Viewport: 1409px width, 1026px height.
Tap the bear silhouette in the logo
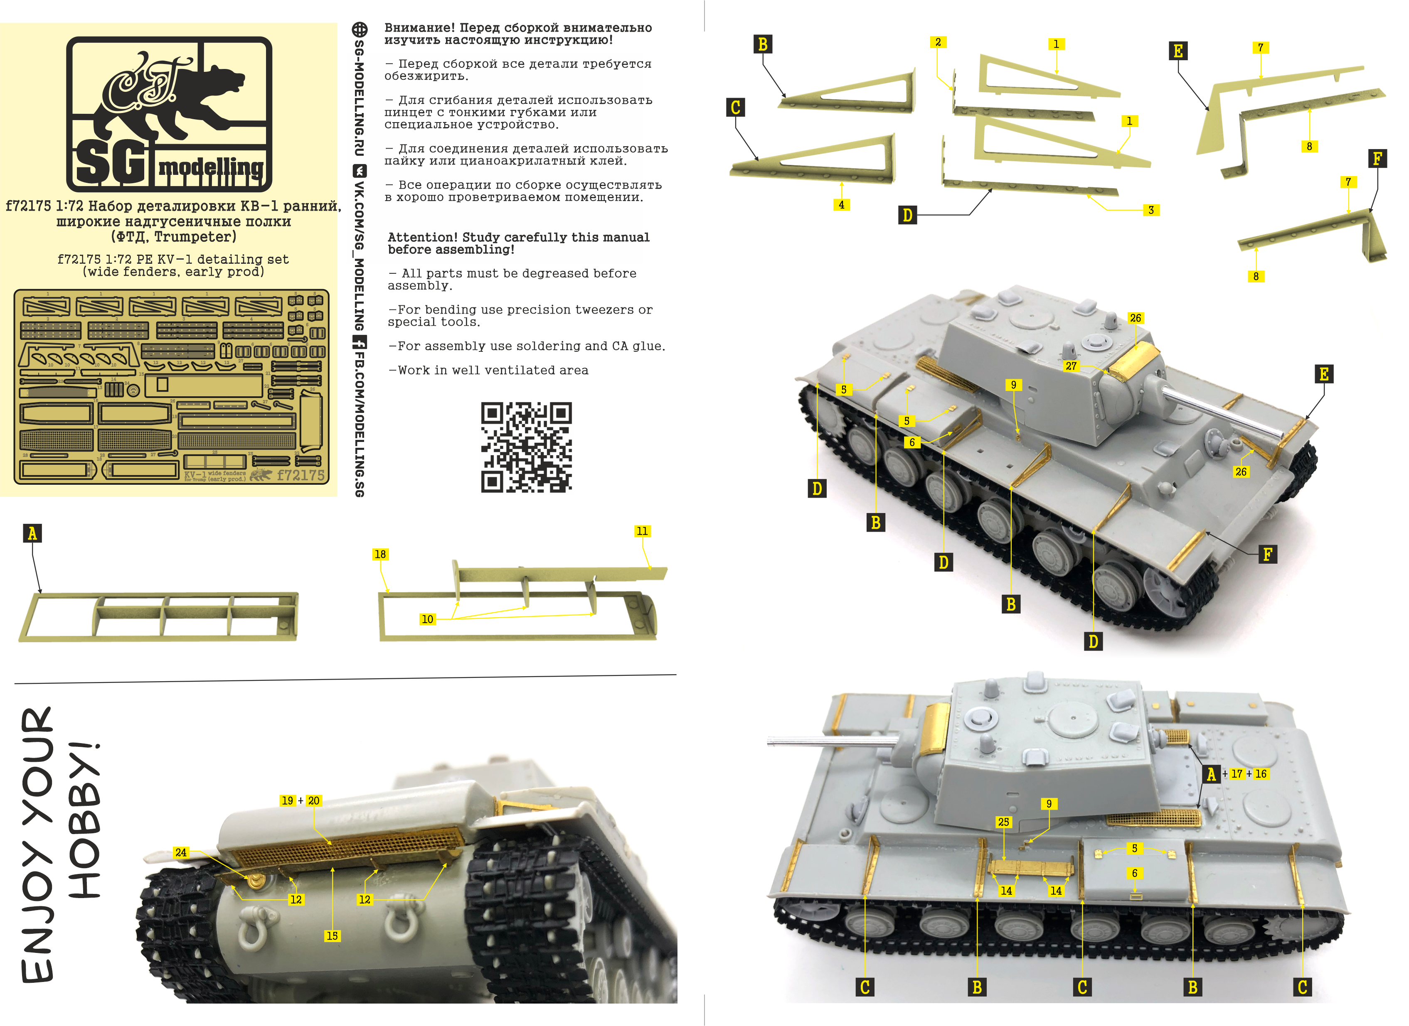click(186, 99)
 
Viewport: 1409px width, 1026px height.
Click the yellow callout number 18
click(380, 554)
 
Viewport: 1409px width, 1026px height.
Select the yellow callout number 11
click(643, 531)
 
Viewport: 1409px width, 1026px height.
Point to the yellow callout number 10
click(427, 619)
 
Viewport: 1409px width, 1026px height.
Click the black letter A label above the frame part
click(32, 533)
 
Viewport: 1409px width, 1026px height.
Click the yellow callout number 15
click(333, 936)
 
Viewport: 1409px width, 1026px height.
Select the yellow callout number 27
click(1071, 366)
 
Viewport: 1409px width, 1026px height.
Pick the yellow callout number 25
click(1003, 822)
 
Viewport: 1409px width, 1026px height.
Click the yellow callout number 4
click(841, 205)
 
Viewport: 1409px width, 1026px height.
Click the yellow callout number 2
click(938, 42)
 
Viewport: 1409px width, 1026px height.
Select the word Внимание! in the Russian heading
click(419, 28)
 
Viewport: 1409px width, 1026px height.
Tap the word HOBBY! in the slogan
click(84, 820)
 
